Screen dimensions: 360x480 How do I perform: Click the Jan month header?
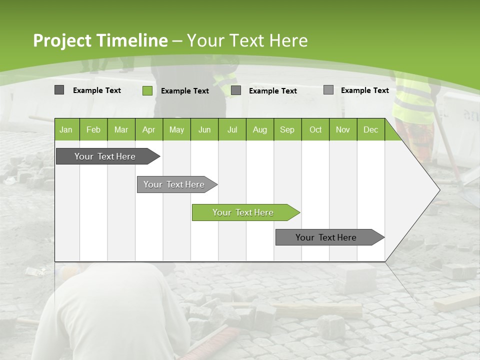pos(66,130)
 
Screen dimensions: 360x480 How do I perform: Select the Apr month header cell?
pos(148,130)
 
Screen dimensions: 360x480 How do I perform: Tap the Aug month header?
pos(259,130)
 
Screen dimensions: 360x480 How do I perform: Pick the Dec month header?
pos(370,130)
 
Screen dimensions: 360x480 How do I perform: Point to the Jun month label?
pos(204,130)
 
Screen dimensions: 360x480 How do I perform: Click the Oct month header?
pos(315,130)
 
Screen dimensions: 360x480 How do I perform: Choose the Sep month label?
pos(287,130)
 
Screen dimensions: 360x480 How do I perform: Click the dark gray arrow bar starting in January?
pos(105,156)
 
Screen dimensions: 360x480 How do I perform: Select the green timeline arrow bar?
pos(243,212)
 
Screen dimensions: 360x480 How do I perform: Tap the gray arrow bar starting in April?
pos(174,184)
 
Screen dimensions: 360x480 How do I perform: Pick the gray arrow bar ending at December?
pos(326,237)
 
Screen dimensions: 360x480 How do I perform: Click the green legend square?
pos(147,90)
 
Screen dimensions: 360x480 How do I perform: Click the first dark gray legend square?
pos(59,90)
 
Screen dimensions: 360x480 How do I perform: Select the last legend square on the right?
pos(328,90)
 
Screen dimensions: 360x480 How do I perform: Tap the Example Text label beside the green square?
pos(185,91)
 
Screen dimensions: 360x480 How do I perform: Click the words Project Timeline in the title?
pos(100,40)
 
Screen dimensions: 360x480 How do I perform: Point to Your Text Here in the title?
pos(247,40)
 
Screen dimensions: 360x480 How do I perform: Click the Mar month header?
pos(121,130)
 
